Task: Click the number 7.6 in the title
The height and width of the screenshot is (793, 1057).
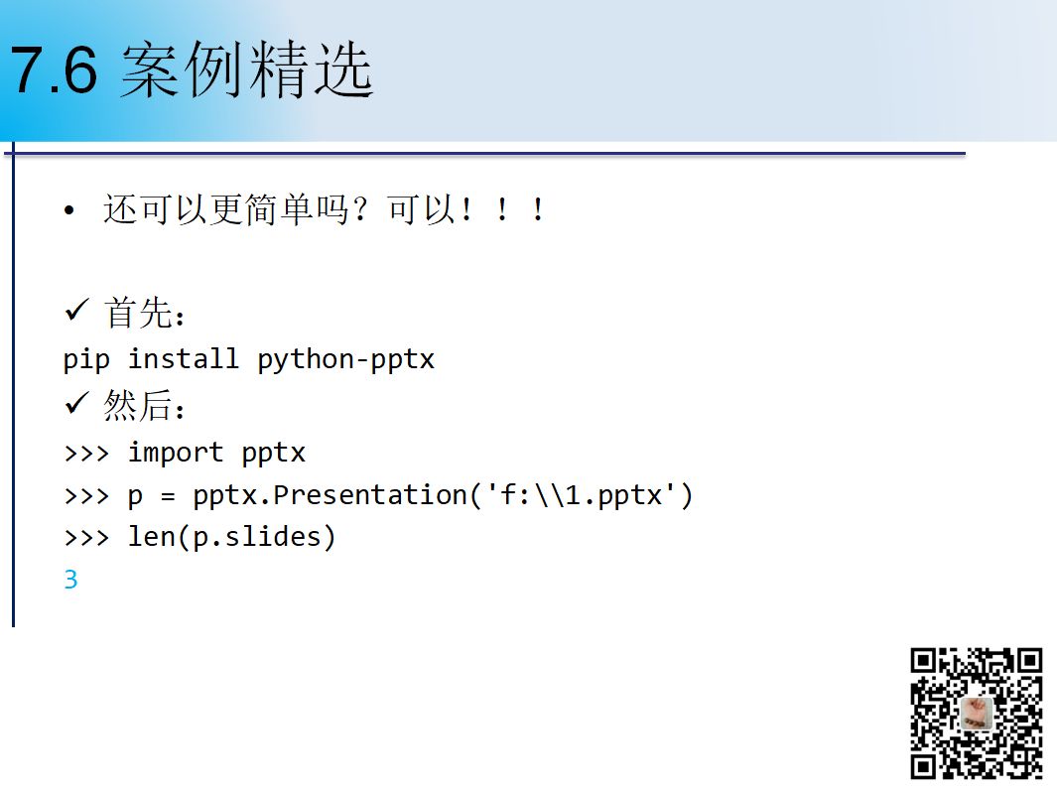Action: pos(54,69)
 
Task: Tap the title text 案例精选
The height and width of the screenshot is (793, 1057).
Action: pos(247,69)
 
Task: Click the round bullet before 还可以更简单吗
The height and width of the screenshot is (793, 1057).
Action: pos(68,211)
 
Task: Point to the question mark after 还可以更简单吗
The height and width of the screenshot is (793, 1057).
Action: pos(360,209)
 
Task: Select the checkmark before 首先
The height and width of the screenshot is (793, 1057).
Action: pos(76,311)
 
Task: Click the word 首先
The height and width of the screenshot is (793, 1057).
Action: pos(138,313)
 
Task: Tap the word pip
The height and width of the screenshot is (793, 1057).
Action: pos(86,359)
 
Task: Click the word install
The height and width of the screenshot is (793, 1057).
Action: pos(184,358)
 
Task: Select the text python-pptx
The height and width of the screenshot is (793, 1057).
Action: pos(345,359)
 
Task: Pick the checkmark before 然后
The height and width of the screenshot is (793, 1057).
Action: pos(76,403)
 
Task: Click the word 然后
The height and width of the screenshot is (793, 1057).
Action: pos(138,406)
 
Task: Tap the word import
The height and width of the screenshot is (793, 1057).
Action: pos(176,453)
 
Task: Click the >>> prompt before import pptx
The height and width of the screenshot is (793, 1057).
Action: pos(86,454)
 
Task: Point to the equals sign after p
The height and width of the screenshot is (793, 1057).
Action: pos(168,497)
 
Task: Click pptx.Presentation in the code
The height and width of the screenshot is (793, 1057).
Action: pos(330,495)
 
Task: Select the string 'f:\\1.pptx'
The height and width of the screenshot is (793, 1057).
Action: pos(581,495)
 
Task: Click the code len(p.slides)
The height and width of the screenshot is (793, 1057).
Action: pos(232,537)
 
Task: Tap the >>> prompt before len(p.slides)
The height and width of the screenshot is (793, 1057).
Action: pos(86,537)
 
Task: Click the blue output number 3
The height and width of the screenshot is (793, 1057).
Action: pos(70,580)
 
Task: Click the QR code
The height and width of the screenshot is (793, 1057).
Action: pos(976,714)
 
